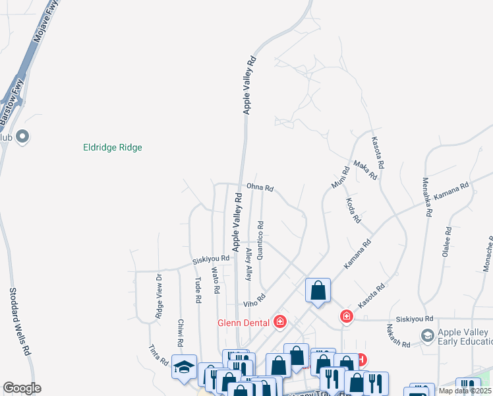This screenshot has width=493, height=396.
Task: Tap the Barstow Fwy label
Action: coord(12,102)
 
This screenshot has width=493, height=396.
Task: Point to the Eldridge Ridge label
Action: coord(113,148)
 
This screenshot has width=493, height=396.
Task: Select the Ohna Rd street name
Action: coord(260,187)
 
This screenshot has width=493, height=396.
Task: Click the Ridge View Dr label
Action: coord(159,296)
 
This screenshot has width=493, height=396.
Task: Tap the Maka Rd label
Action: coord(364,170)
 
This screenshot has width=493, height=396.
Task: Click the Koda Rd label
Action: coord(353,210)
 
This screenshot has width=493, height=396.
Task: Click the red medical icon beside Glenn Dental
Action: coord(280,322)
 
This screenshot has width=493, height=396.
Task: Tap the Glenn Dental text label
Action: coord(243,323)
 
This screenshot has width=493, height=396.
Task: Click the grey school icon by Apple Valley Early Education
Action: coord(427,336)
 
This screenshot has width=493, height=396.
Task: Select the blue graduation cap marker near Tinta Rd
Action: coord(184,366)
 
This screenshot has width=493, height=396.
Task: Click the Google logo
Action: coord(22,388)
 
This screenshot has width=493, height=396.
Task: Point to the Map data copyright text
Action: coord(465,391)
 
